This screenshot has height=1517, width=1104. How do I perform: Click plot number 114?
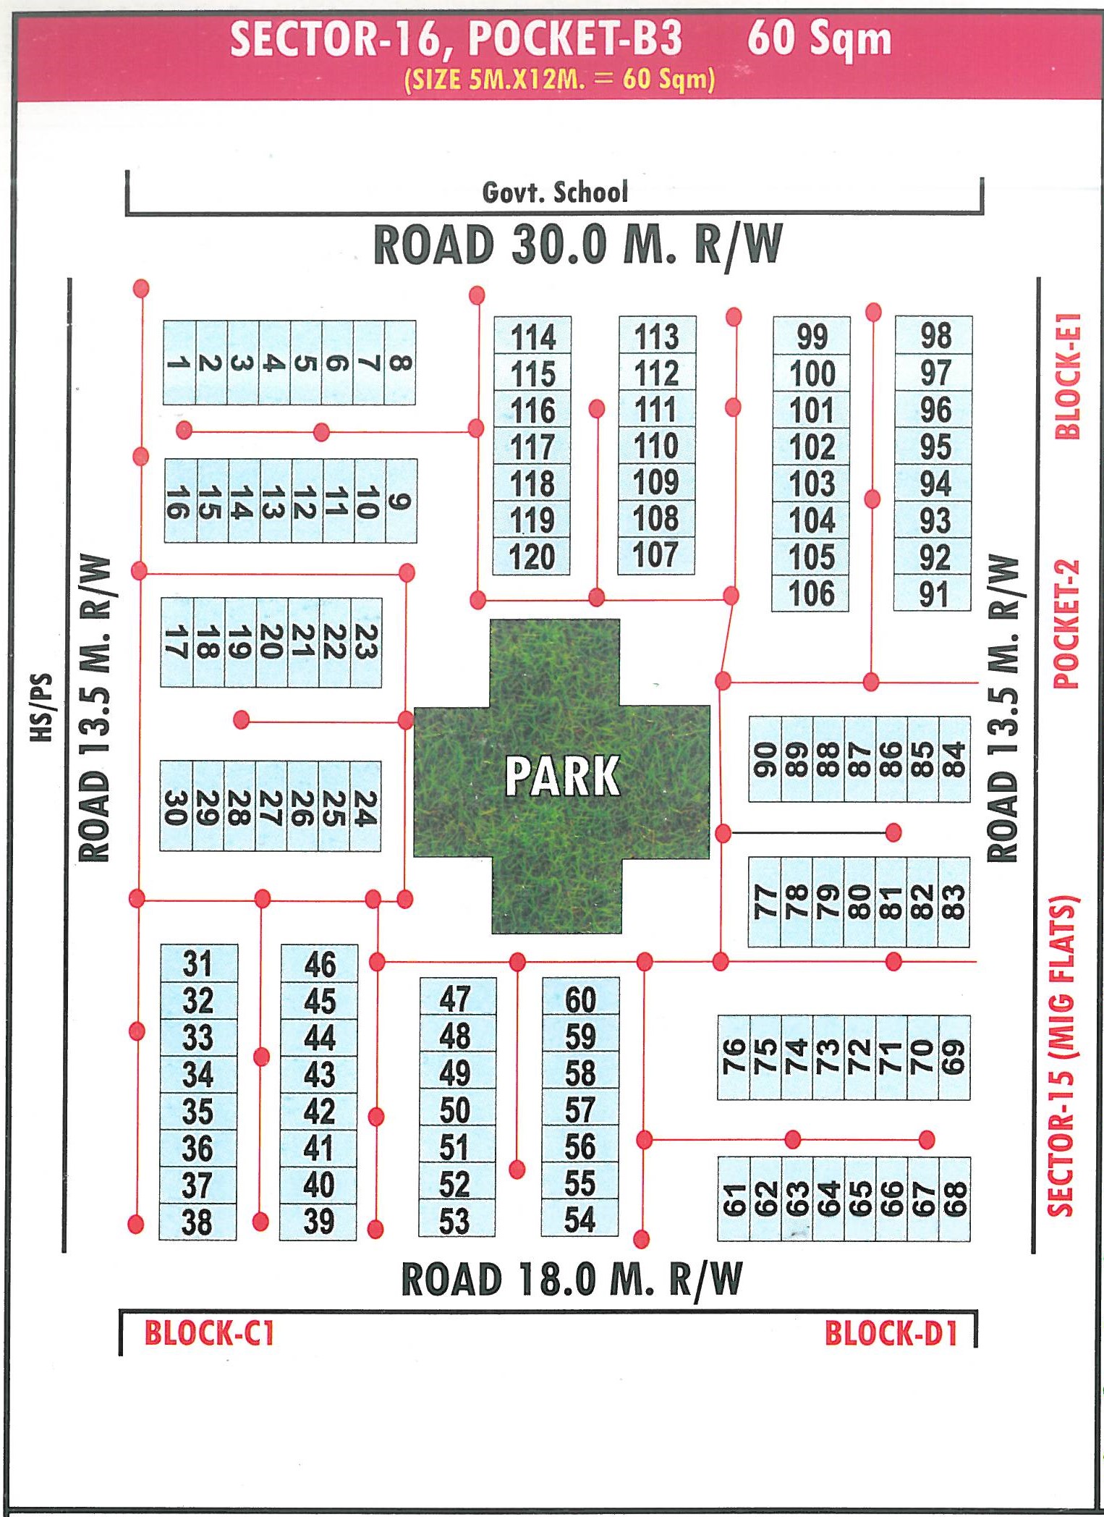pyautogui.click(x=532, y=337)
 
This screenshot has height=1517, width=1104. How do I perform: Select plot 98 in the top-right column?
pyautogui.click(x=935, y=336)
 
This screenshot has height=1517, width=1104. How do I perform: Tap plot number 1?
pyautogui.click(x=179, y=363)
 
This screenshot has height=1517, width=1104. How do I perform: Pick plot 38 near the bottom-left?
pyautogui.click(x=197, y=1222)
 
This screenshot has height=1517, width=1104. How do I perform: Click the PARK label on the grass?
pyautogui.click(x=562, y=776)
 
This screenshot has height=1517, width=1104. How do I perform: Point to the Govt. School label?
pyautogui.click(x=555, y=193)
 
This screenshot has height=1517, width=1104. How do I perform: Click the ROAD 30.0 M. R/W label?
pyautogui.click(x=577, y=245)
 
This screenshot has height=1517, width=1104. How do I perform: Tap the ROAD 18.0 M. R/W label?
pyautogui.click(x=572, y=1279)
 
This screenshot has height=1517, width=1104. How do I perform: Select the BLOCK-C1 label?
pyautogui.click(x=209, y=1333)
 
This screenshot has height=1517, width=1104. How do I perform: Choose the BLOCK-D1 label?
pyautogui.click(x=891, y=1333)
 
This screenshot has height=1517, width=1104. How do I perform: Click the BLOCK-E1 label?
pyautogui.click(x=1068, y=376)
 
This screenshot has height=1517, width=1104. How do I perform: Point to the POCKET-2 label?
pyautogui.click(x=1066, y=624)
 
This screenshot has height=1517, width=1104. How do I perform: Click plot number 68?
pyautogui.click(x=955, y=1199)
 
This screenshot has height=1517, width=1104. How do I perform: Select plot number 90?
pyautogui.click(x=765, y=759)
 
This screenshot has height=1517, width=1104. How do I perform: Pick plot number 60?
pyautogui.click(x=580, y=1000)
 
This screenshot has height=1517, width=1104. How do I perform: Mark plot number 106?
pyautogui.click(x=811, y=593)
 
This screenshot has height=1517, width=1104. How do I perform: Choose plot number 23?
pyautogui.click(x=366, y=642)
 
